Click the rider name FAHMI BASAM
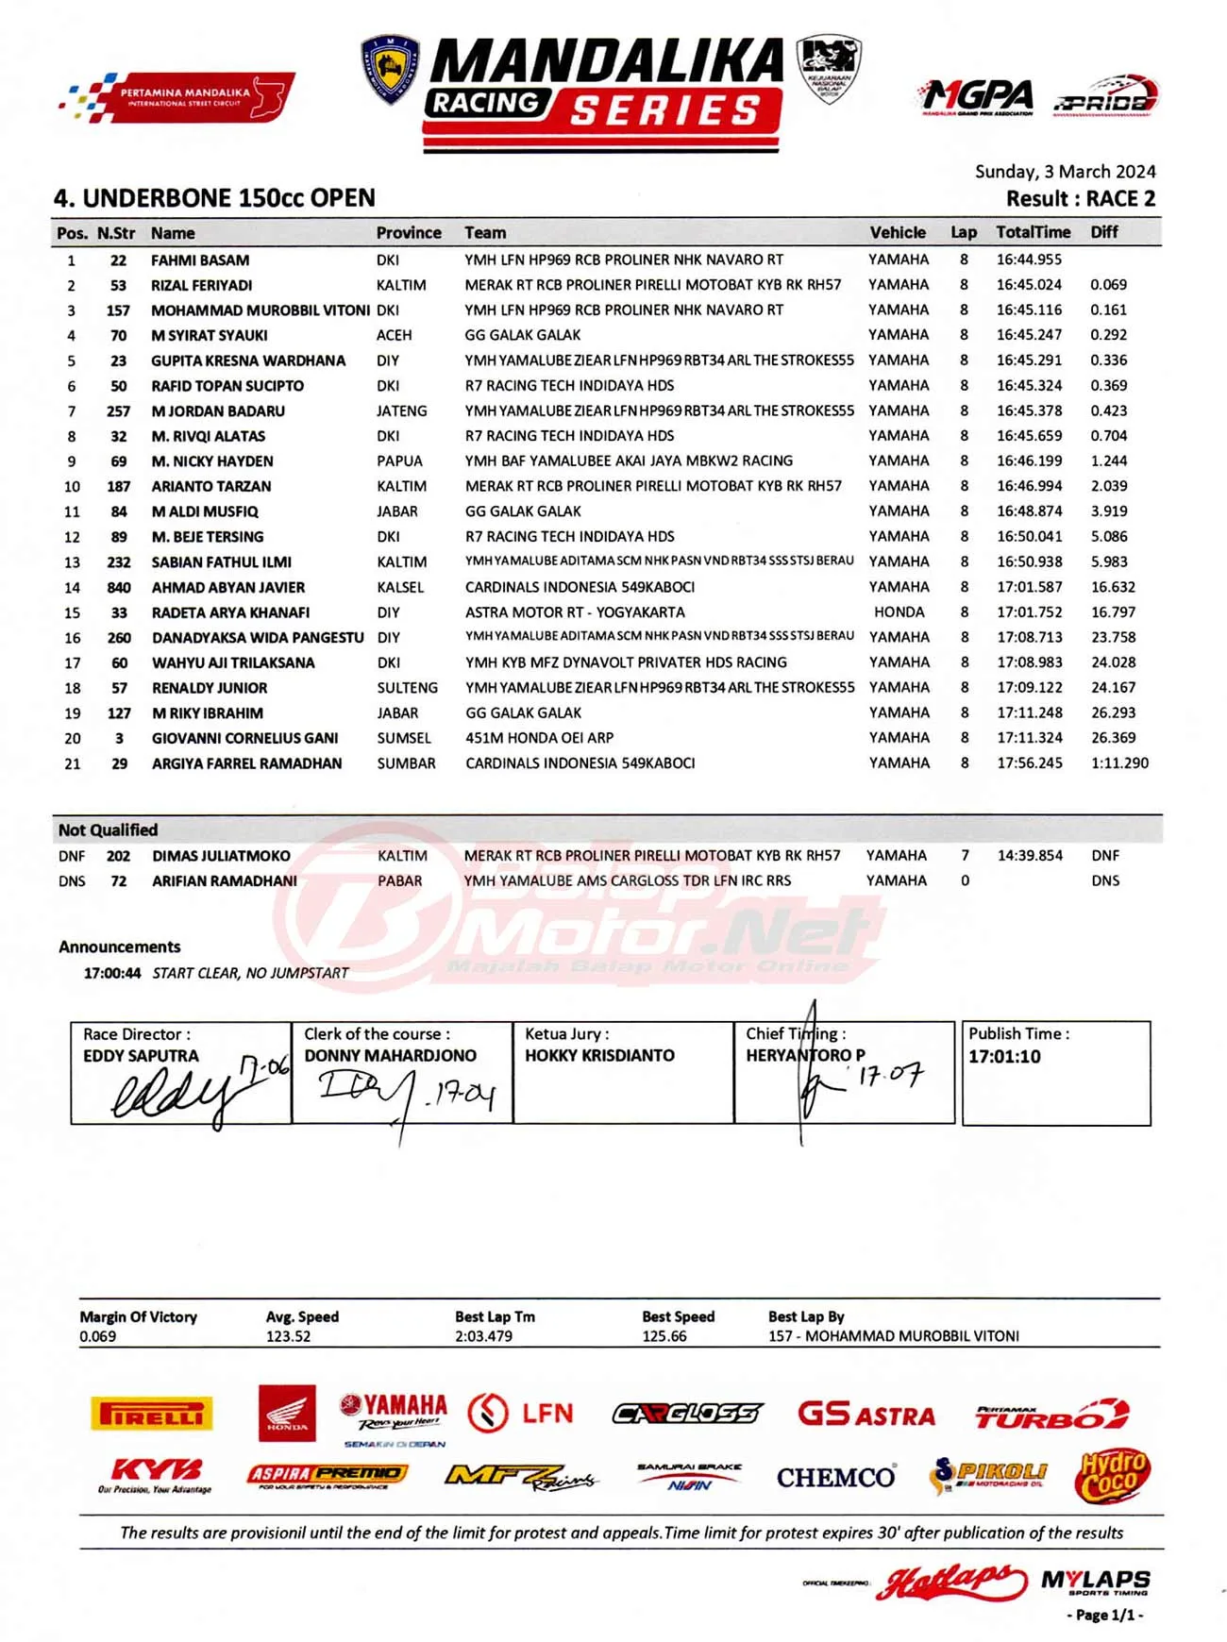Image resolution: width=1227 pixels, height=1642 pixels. pyautogui.click(x=200, y=260)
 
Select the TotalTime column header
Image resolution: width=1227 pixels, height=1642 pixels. pyautogui.click(x=1033, y=232)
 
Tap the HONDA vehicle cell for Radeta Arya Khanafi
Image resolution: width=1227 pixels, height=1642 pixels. pyautogui.click(x=899, y=612)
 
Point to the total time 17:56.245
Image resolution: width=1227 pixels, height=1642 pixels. pyautogui.click(x=1030, y=763)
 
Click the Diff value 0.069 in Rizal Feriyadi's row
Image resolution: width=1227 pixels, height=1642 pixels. pyautogui.click(x=1108, y=285)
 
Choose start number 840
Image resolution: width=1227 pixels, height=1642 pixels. pyautogui.click(x=119, y=587)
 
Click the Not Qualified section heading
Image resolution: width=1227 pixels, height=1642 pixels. pyautogui.click(x=108, y=830)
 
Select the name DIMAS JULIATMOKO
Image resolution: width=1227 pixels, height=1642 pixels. pyautogui.click(x=221, y=856)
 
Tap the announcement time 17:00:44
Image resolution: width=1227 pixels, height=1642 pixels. pyautogui.click(x=112, y=973)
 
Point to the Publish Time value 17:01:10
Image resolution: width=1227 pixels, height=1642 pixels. pyautogui.click(x=1004, y=1057)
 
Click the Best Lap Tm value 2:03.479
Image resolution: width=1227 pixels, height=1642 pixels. pyautogui.click(x=483, y=1336)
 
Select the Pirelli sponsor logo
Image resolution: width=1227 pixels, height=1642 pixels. pyautogui.click(x=151, y=1414)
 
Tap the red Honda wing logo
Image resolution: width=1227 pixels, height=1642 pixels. pyautogui.click(x=287, y=1413)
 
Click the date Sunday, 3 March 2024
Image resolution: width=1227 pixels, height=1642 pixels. pyautogui.click(x=1065, y=172)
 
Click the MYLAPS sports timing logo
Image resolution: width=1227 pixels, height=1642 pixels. pyautogui.click(x=1095, y=1583)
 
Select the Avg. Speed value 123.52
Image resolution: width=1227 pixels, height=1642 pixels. pyautogui.click(x=288, y=1336)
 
